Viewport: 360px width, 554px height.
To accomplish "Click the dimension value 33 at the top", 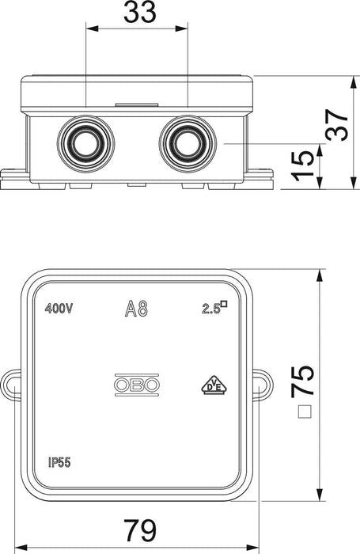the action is click(139, 13).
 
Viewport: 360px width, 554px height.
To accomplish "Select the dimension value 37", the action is click(336, 125).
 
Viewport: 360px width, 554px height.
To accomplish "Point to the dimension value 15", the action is click(303, 165).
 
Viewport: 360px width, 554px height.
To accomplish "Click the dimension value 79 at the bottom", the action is click(140, 530).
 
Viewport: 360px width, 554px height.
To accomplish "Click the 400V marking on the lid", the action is click(59, 309).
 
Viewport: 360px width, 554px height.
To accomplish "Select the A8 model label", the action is click(136, 309).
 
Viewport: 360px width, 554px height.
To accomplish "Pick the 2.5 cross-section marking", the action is click(214, 307).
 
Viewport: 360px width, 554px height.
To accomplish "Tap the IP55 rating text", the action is click(59, 462).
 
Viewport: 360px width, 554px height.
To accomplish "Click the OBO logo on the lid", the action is click(136, 385).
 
